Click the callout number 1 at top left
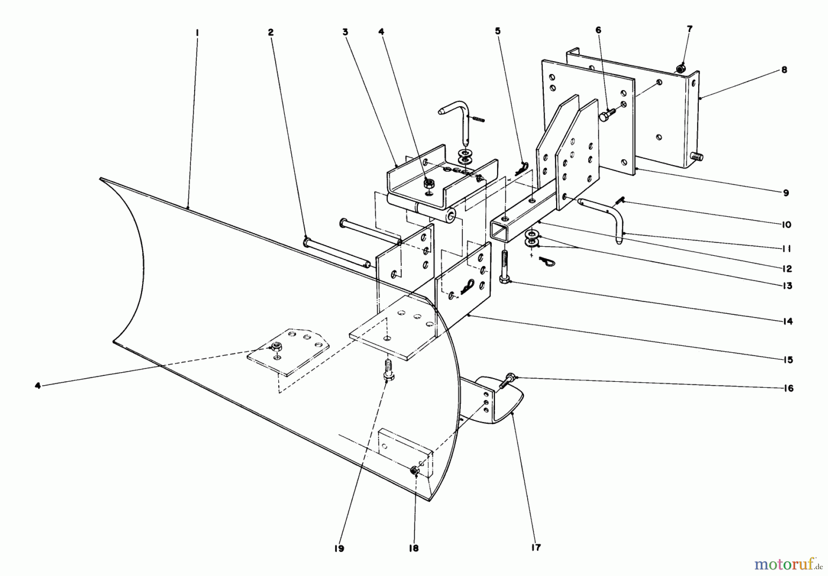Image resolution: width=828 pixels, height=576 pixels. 196,33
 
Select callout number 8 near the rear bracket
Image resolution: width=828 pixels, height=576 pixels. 784,70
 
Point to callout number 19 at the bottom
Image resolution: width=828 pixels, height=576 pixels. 339,548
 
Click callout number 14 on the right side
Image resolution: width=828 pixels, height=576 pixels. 788,322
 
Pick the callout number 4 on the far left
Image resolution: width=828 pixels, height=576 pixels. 38,386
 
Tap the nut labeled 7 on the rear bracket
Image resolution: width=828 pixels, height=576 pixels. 680,69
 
